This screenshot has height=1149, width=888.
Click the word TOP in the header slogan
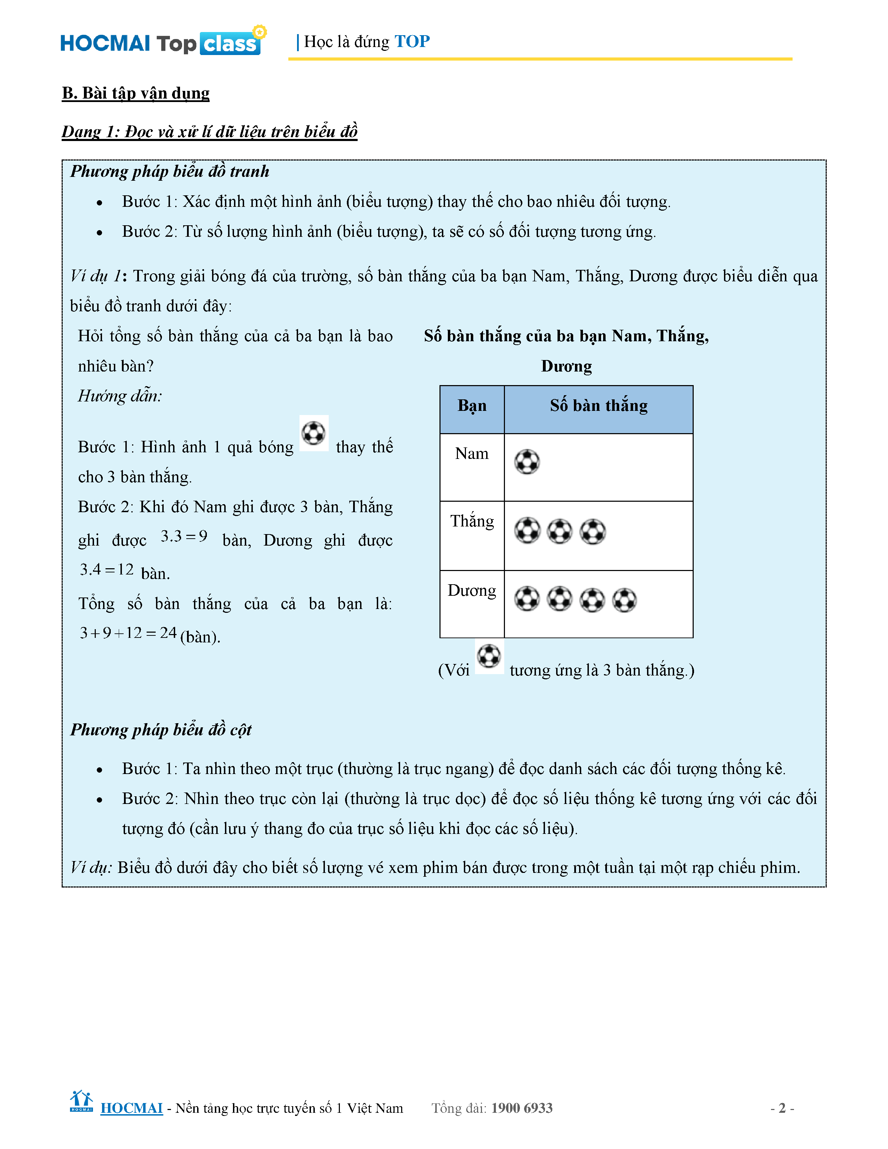tap(412, 41)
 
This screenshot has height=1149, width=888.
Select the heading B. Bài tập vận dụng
tap(136, 93)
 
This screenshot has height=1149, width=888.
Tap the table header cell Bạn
tap(472, 406)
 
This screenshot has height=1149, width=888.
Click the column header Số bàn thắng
tap(599, 406)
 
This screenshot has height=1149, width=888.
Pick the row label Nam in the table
tap(472, 453)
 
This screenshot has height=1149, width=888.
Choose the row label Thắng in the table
tap(472, 521)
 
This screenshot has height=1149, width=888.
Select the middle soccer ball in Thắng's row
tap(560, 531)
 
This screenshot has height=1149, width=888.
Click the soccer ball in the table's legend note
tap(489, 656)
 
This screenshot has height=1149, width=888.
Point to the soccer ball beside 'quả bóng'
tap(314, 433)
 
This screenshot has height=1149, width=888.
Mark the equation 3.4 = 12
tap(107, 570)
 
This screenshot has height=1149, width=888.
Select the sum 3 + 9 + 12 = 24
tap(128, 633)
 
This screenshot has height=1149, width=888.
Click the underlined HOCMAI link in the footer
tap(132, 1108)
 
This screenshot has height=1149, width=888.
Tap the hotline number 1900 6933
tap(522, 1108)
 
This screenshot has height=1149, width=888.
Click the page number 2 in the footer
tap(782, 1108)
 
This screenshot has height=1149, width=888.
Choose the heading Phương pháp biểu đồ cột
tap(161, 730)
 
